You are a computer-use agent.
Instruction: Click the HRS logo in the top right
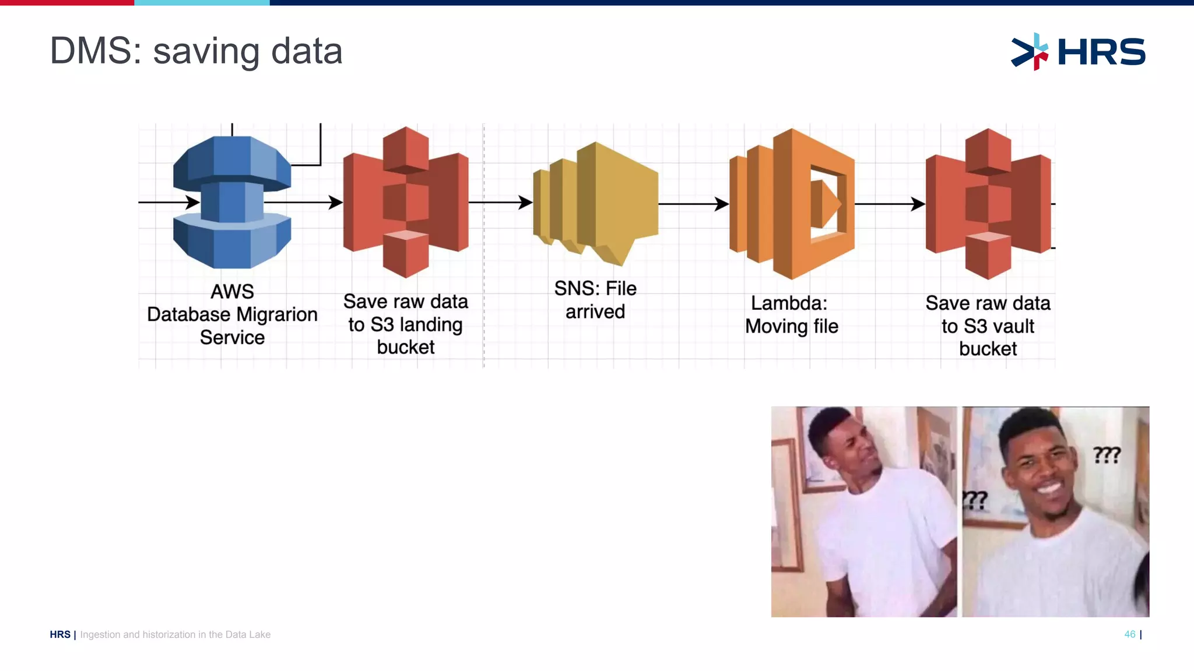click(1079, 52)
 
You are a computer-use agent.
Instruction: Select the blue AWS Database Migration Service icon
click(232, 202)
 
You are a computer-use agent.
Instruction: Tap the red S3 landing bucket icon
click(406, 202)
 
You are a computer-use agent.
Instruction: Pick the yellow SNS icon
click(596, 202)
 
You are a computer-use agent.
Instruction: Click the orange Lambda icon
click(792, 204)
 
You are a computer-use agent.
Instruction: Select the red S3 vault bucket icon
click(988, 204)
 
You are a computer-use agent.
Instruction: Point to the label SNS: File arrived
click(595, 300)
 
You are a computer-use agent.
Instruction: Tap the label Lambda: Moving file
click(791, 315)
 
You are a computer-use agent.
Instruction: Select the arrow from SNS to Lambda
click(694, 204)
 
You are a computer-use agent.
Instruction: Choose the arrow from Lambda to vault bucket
click(890, 204)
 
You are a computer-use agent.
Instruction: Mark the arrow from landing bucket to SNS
click(500, 202)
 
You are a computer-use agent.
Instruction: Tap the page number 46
click(1129, 634)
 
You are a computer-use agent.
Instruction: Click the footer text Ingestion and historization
click(175, 634)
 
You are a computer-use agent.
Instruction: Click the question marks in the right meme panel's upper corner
click(1107, 454)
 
